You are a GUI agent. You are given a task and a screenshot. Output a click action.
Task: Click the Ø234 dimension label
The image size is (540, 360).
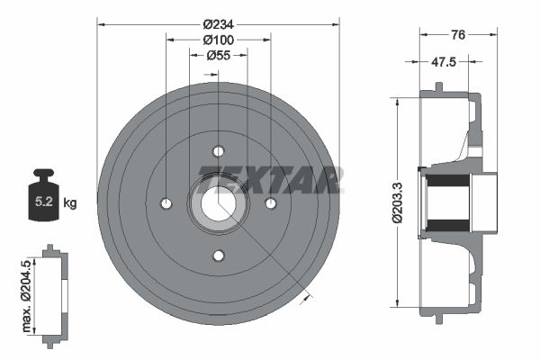pos(218,12)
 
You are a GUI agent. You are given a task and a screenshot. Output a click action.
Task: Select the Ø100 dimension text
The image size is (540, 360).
pos(218,40)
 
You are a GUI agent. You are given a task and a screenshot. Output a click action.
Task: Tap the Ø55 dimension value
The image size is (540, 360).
pos(218,55)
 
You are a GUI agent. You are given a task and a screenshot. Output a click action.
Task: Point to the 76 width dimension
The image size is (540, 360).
pos(458,36)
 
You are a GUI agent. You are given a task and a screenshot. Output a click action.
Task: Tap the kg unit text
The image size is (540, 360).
pos(70,203)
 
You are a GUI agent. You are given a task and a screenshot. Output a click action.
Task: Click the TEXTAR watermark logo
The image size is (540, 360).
pos(270,182)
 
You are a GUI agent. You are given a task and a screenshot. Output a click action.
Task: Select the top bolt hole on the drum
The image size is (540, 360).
pos(218,151)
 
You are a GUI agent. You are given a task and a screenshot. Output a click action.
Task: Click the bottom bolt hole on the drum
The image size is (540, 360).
pos(218,256)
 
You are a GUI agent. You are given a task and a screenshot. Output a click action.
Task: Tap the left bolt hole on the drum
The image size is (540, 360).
pos(166,203)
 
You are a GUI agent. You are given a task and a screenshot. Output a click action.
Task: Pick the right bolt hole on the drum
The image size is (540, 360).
pos(270,203)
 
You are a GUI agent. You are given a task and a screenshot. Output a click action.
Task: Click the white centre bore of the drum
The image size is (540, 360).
pos(218,203)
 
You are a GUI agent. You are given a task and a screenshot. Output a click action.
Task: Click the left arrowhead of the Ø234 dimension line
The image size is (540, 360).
pos(102,22)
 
